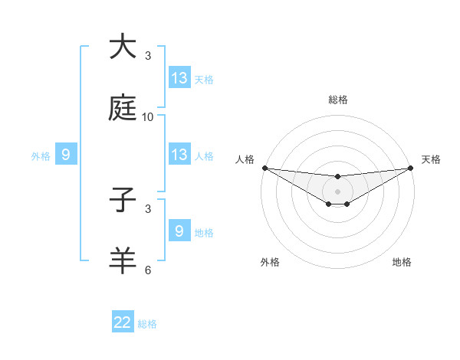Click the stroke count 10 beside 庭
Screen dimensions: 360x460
click(148, 117)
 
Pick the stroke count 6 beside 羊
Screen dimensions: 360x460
click(148, 270)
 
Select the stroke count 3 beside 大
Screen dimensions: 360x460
click(148, 56)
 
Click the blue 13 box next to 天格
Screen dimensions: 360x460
click(179, 78)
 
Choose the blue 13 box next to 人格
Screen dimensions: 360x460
click(179, 155)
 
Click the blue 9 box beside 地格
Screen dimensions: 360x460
click(179, 231)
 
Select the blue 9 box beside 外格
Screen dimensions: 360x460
click(66, 155)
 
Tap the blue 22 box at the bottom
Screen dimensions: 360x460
click(123, 322)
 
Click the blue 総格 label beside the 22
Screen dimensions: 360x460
click(147, 324)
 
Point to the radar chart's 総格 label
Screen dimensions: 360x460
click(338, 100)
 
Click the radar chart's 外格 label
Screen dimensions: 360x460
click(270, 262)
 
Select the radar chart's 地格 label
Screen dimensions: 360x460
click(402, 262)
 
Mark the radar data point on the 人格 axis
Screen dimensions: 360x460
click(264, 168)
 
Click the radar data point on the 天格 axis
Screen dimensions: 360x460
click(411, 168)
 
